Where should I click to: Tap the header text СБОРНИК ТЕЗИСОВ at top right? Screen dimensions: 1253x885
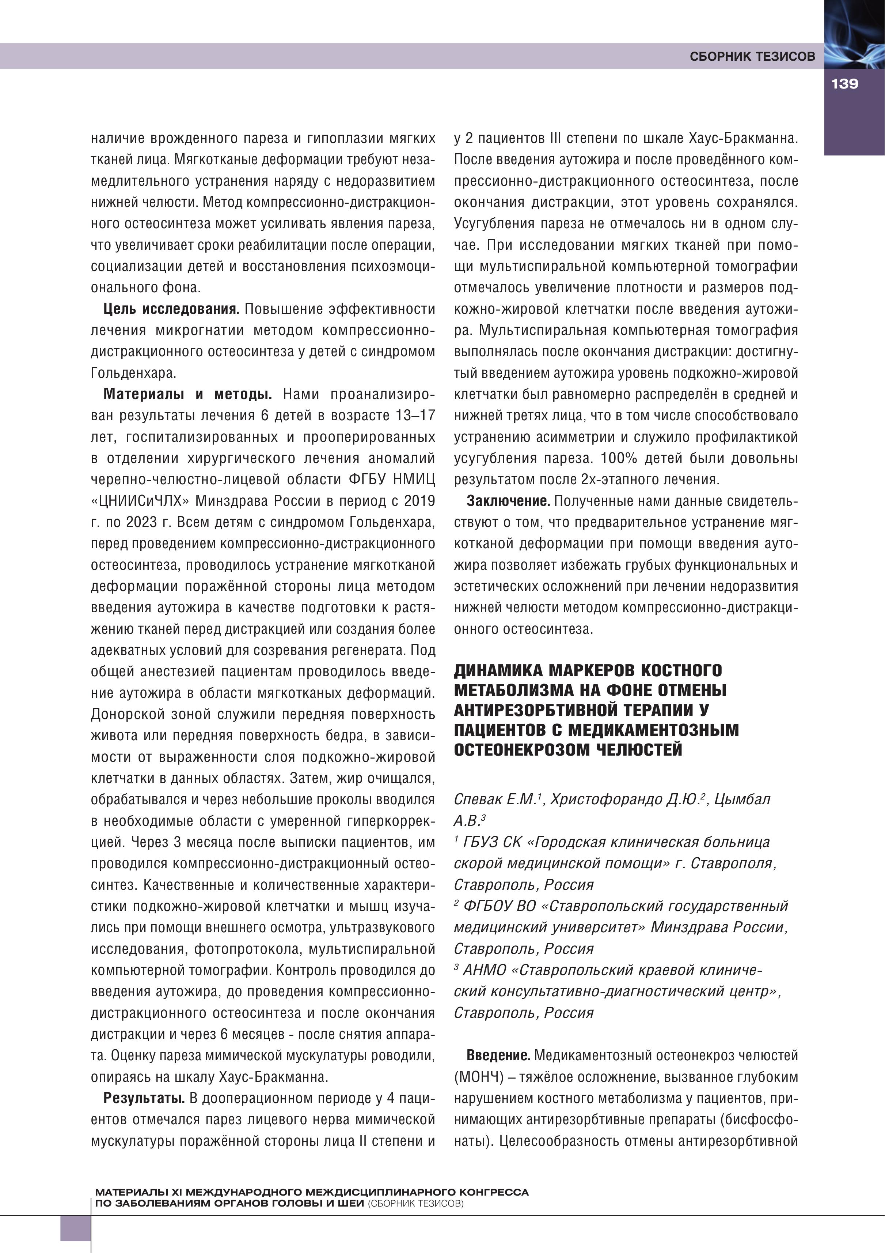(x=752, y=56)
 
